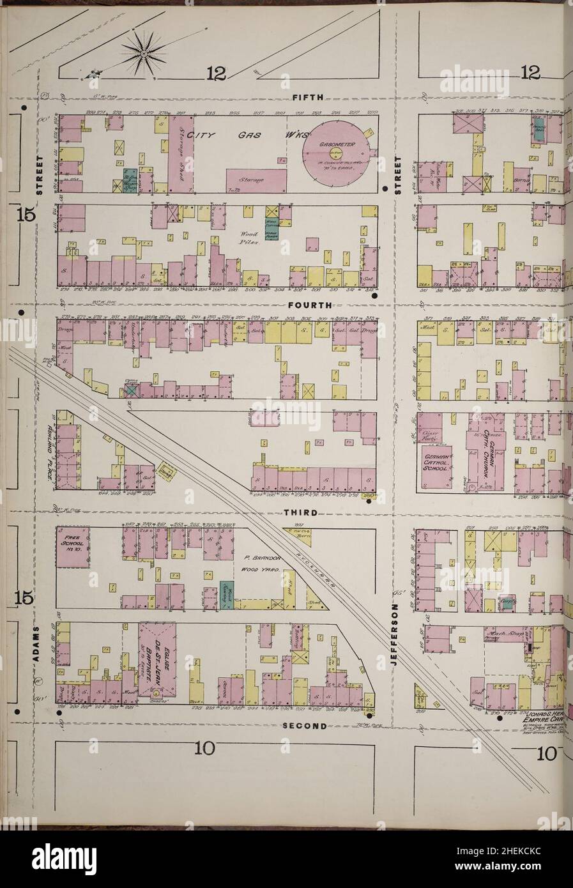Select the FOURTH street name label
point(309,305)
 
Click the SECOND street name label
point(305,726)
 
